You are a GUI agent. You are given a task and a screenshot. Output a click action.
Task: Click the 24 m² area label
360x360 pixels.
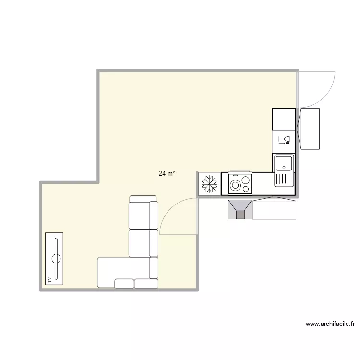(x=167, y=174)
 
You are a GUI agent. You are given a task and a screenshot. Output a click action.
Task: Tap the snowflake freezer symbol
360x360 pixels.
(x=210, y=184)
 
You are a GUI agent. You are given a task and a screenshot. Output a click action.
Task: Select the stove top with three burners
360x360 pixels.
(x=240, y=183)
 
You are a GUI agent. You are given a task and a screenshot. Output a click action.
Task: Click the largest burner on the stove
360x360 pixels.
(x=236, y=185)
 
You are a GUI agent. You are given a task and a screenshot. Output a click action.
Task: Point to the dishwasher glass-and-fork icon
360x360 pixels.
(x=285, y=140)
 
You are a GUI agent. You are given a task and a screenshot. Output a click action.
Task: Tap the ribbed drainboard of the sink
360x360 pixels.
(x=284, y=179)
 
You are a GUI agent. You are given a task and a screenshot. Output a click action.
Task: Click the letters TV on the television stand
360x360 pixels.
(x=48, y=278)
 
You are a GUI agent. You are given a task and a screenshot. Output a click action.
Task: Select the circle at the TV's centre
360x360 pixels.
(x=56, y=259)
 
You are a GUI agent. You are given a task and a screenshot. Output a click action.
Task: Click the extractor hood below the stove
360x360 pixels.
(x=240, y=210)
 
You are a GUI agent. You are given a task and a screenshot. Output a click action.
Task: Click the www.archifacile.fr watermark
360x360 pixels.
(x=330, y=324)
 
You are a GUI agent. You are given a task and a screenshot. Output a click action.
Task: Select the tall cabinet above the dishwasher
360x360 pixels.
(x=284, y=120)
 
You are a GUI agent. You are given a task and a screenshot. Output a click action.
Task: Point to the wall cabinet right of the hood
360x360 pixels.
(x=274, y=210)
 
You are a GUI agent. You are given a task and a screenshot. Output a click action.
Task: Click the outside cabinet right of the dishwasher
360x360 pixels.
(x=309, y=129)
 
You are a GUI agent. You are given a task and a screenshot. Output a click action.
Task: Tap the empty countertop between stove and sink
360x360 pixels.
(x=263, y=183)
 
